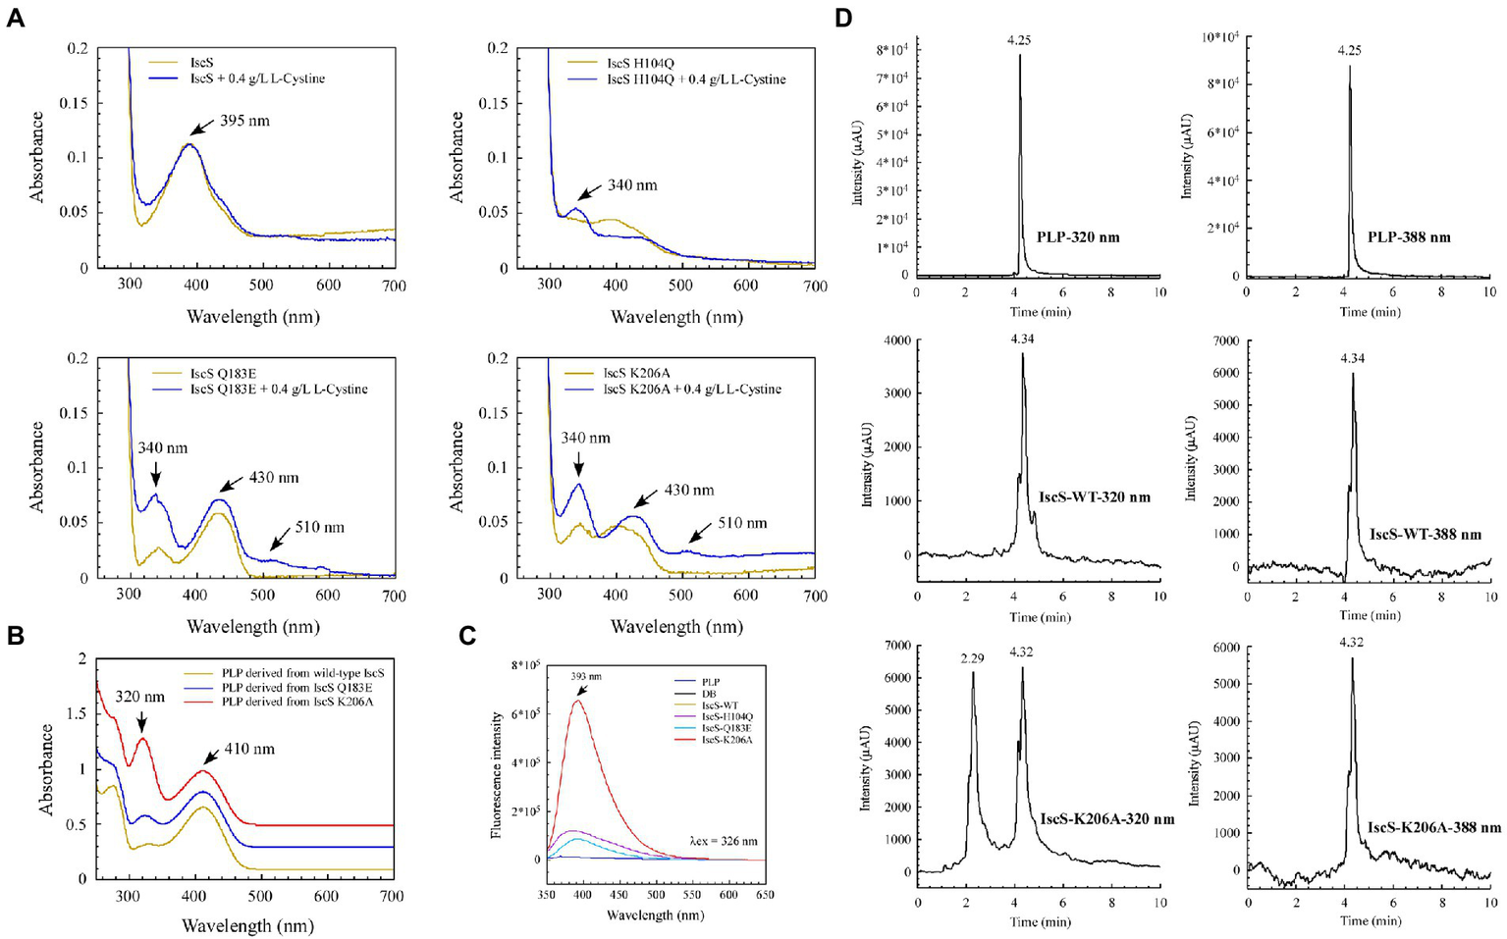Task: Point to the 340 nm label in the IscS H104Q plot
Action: click(632, 185)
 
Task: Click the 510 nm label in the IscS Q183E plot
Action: click(319, 527)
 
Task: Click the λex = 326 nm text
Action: click(725, 842)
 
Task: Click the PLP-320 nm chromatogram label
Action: click(1078, 236)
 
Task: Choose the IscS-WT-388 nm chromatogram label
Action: click(1425, 535)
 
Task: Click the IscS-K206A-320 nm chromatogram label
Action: click(1106, 818)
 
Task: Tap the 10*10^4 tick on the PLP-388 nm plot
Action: click(1217, 36)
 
